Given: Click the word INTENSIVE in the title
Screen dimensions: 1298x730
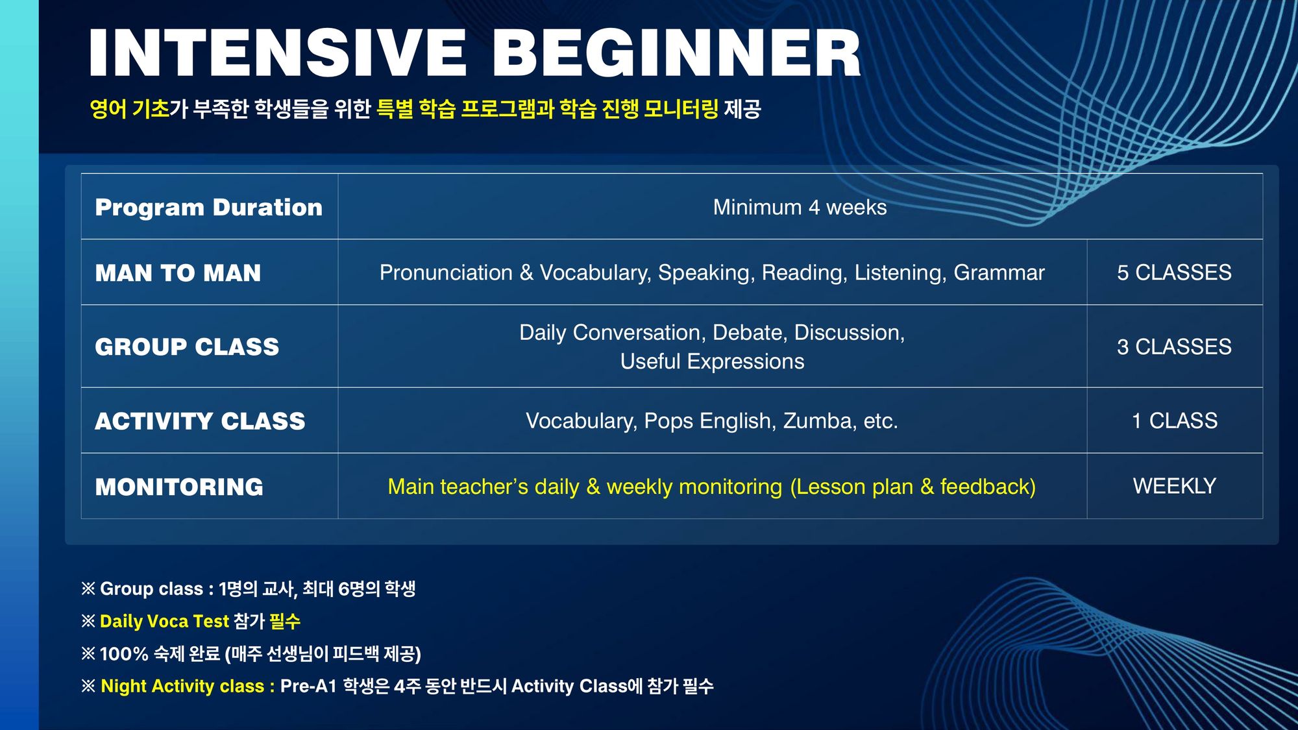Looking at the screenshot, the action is [278, 53].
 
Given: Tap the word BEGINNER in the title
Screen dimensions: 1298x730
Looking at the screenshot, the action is [677, 53].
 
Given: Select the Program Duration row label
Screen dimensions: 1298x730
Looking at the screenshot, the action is [208, 208].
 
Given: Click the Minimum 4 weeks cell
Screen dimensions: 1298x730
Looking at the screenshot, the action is [800, 207].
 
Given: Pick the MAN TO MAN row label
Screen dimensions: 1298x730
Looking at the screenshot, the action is [178, 273].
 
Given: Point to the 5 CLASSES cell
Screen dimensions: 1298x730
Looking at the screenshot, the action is [1174, 273].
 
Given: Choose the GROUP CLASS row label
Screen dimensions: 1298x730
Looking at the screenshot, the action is [187, 347].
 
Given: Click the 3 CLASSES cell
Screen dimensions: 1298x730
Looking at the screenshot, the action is [1174, 347].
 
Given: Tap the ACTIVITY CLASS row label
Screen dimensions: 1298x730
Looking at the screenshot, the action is [200, 421].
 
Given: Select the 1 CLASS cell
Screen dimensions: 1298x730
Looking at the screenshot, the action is [1174, 420].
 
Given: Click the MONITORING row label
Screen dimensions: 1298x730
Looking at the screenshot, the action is [179, 487].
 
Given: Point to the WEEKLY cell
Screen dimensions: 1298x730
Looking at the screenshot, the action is [1174, 486].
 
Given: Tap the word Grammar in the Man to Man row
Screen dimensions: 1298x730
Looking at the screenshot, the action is [999, 273].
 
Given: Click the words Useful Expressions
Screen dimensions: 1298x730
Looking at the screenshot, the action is [712, 361].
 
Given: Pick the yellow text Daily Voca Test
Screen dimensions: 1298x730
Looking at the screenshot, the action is [164, 621].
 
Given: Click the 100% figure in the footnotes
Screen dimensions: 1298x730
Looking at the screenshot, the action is [124, 653].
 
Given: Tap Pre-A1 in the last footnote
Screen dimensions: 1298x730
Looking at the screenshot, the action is [308, 686].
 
